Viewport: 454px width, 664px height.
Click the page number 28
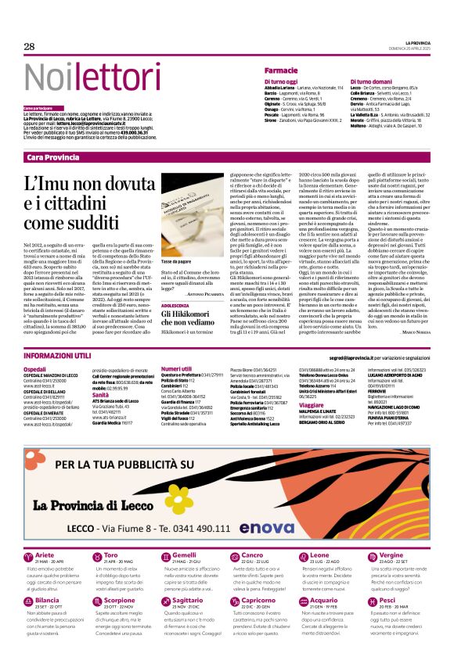29,47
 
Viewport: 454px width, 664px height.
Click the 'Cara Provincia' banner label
52,157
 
